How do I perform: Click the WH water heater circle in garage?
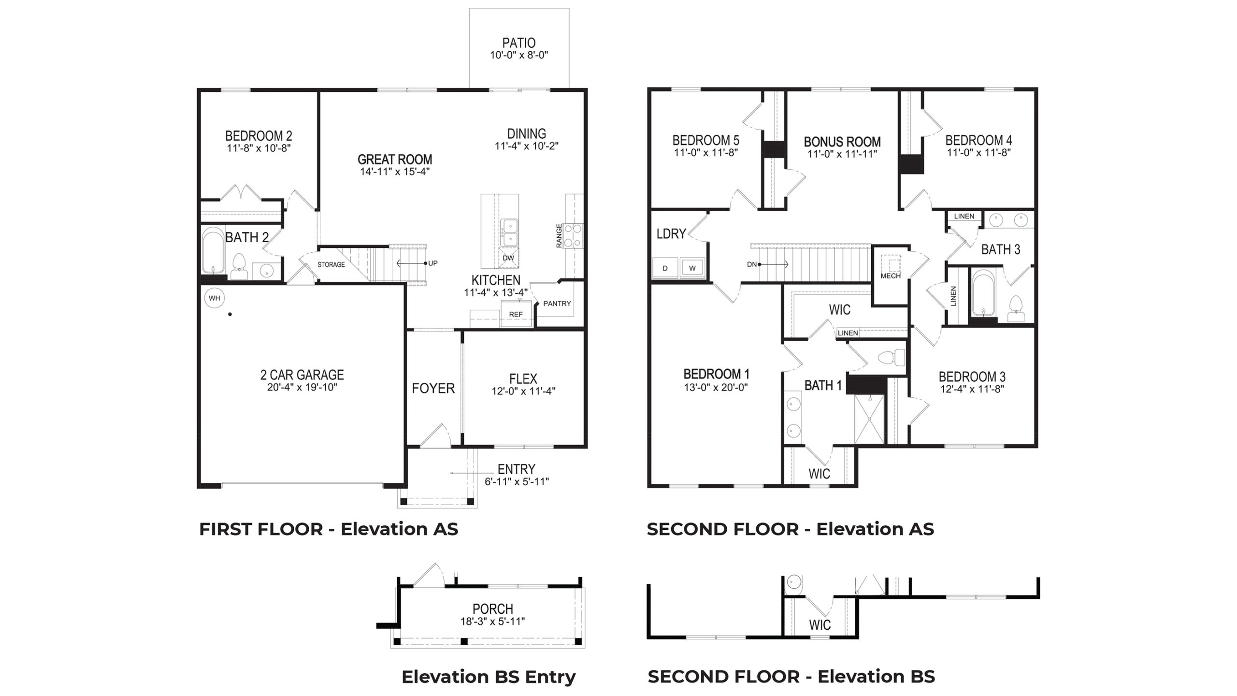point(214,298)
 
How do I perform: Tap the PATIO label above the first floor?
point(518,43)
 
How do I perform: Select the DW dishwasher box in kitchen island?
point(508,258)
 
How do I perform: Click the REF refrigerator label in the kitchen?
point(516,314)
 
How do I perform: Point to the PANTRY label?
point(557,304)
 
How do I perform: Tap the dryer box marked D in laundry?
point(665,268)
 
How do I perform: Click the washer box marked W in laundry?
point(692,268)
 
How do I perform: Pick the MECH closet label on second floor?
point(890,276)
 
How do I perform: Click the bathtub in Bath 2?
point(213,251)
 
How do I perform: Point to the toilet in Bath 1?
point(890,358)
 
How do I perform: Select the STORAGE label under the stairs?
point(331,265)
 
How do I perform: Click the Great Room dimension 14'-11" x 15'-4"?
point(394,172)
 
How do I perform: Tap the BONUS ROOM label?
point(842,142)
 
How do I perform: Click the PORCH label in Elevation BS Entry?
point(492,609)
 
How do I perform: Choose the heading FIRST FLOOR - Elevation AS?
point(328,529)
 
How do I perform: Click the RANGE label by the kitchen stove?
point(559,236)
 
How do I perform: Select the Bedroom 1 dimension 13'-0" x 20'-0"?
point(716,387)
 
